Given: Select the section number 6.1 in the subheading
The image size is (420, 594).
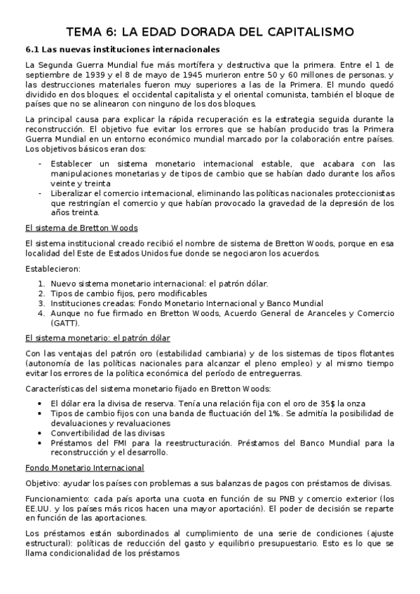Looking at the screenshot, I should coord(32,50).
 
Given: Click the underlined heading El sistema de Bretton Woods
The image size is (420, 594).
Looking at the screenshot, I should coord(81,228).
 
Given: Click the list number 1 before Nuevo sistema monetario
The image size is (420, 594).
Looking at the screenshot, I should coord(41,284).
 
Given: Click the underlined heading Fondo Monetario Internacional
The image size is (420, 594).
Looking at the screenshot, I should coord(84,467).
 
